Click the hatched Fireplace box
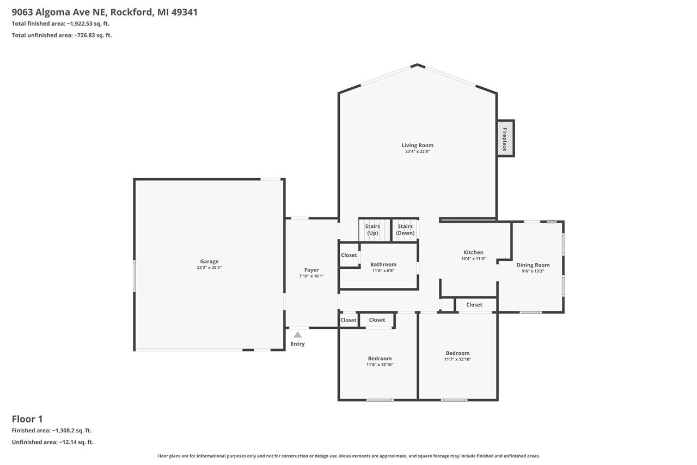(x=505, y=138)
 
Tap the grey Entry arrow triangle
(x=297, y=335)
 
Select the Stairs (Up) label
(x=372, y=230)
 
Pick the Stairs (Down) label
(x=405, y=230)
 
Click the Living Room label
(x=418, y=145)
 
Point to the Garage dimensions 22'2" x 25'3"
(x=209, y=268)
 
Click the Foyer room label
(x=311, y=270)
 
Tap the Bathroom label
(x=383, y=264)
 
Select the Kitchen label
(x=473, y=252)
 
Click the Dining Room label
(x=533, y=265)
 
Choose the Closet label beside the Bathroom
(x=349, y=255)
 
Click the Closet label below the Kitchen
(x=474, y=305)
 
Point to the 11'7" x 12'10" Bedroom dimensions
(x=457, y=359)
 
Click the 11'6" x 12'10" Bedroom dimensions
(x=380, y=365)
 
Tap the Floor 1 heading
(x=27, y=419)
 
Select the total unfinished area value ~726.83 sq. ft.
(x=93, y=35)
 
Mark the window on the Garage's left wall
(x=134, y=275)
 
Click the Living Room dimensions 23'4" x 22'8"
(x=418, y=152)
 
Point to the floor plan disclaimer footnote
(x=348, y=456)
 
